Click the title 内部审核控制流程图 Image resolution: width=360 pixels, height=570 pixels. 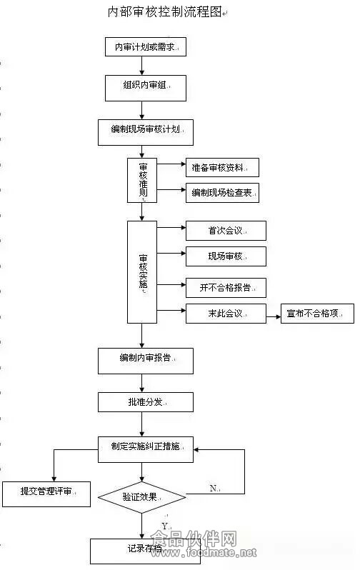165,12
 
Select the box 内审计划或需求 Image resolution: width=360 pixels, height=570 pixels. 146,47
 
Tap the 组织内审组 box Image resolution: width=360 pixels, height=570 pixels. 146,89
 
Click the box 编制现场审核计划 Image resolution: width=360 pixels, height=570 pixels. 146,133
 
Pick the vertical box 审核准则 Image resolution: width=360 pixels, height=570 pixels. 142,180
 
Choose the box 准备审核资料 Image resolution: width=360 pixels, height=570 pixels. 223,168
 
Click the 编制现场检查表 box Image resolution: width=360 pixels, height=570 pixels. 223,193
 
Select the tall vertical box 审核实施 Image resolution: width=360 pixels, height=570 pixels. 142,272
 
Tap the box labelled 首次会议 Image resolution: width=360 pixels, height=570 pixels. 226,231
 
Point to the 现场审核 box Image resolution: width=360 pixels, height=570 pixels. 226,256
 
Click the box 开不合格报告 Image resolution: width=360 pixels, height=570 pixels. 226,288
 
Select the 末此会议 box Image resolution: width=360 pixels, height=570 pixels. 226,314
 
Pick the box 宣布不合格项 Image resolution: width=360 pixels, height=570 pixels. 317,314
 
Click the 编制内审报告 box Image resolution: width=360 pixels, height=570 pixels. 146,361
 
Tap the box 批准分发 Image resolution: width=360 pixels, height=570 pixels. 146,402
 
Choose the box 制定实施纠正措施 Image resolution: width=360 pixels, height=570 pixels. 146,450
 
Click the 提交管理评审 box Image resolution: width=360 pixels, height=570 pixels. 46,494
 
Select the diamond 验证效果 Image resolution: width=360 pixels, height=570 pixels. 142,497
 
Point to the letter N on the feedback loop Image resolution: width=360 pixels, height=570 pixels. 213,488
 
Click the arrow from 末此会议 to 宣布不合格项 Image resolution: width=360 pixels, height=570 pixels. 274,316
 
